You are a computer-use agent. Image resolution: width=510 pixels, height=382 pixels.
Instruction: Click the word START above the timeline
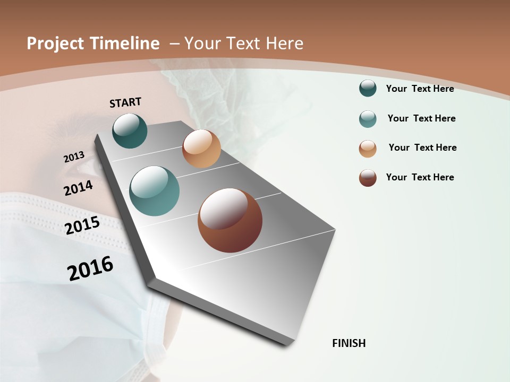pos(125,102)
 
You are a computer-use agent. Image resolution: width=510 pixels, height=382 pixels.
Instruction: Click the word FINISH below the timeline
pos(349,343)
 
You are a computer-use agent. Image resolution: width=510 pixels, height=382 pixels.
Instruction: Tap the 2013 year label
pos(74,157)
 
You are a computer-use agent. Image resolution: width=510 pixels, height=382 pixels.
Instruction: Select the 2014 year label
pos(79,188)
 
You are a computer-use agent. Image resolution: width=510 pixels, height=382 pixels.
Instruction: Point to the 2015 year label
pos(82,225)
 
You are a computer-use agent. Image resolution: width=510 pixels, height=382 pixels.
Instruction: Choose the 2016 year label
pos(90,268)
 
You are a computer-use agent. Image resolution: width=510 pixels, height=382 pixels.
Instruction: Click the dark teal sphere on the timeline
pos(130,131)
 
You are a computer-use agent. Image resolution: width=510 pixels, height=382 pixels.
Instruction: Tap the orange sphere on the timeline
pos(201,149)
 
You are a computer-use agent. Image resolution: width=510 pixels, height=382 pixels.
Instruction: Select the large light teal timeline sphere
pos(155,191)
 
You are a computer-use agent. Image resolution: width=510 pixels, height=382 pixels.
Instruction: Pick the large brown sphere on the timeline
pos(230,220)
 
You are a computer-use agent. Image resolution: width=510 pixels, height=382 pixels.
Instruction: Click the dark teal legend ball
pos(368,89)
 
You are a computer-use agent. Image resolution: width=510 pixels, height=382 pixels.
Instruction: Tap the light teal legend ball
pos(368,119)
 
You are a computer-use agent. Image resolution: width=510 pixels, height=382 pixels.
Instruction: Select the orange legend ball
pos(368,149)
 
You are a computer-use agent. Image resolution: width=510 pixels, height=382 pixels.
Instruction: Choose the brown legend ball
pos(368,178)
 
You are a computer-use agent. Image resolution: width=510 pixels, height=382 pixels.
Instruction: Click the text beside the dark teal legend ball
pos(420,89)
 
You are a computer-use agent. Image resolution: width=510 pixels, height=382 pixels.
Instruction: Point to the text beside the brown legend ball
pos(420,177)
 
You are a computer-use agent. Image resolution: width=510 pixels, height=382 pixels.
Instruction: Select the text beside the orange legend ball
pos(422,147)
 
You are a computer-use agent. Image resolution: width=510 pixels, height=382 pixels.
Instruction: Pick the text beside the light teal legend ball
pos(421,118)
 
